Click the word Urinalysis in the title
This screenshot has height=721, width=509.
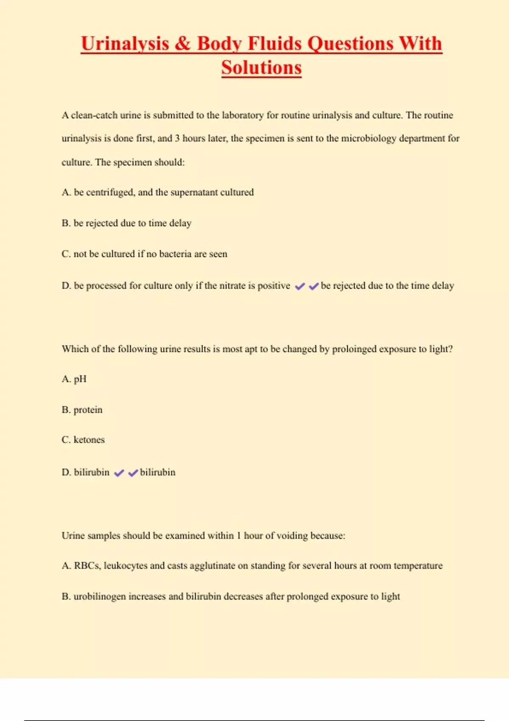click(125, 44)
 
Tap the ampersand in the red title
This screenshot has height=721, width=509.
click(182, 44)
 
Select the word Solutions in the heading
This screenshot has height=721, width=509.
click(261, 68)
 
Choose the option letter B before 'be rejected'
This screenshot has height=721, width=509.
click(66, 224)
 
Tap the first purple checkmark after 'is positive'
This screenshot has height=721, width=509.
click(300, 287)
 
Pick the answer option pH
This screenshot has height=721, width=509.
click(80, 379)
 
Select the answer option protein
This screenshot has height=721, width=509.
click(88, 410)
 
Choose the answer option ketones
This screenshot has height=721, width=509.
click(89, 440)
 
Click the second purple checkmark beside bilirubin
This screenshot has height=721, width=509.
click(133, 473)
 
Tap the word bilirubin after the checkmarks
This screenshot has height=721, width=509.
click(158, 472)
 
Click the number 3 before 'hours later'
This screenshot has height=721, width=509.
click(177, 139)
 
